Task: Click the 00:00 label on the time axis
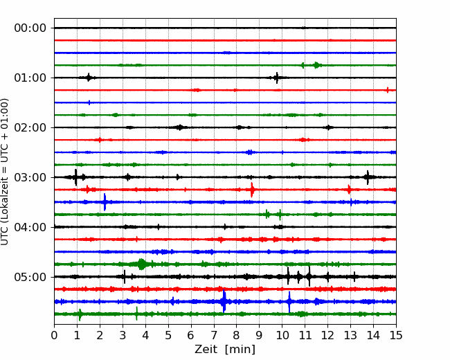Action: coord(30,28)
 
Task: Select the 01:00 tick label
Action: coord(30,78)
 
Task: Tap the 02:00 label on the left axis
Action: coord(30,127)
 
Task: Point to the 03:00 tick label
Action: coord(30,177)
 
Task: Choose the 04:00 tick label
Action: coord(30,227)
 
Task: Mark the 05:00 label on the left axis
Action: coord(30,277)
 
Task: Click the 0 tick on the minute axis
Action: coord(54,335)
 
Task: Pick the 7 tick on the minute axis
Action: coord(214,335)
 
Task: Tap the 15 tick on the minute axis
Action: coord(396,335)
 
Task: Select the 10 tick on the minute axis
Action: coord(282,335)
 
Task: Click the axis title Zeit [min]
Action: coord(225,350)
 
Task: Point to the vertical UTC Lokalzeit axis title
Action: coord(5,172)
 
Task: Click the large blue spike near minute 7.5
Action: coord(224,301)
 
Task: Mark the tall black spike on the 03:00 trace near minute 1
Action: coord(75,177)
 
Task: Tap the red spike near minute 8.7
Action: coord(252,190)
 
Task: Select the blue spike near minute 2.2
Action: coord(105,202)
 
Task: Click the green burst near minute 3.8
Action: coord(141,264)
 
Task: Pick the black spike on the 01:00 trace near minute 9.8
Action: coord(277,78)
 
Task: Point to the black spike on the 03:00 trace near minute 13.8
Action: coord(368,177)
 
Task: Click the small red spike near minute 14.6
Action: coord(388,90)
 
